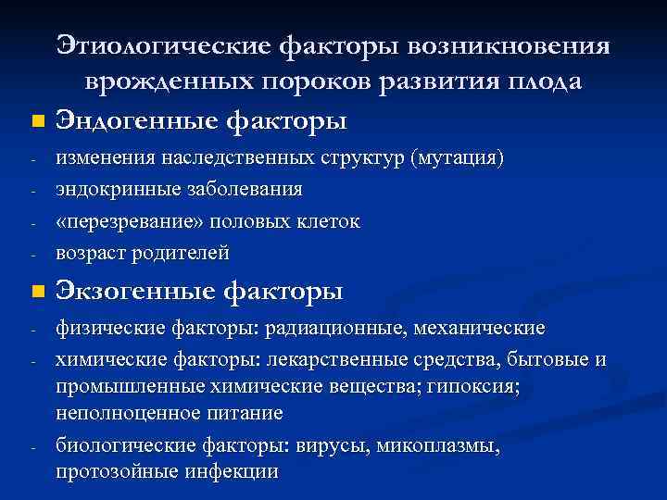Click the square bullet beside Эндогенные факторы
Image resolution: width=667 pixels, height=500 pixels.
35,120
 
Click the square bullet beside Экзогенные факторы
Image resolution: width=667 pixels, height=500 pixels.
35,293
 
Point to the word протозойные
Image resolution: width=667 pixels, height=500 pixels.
116,470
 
